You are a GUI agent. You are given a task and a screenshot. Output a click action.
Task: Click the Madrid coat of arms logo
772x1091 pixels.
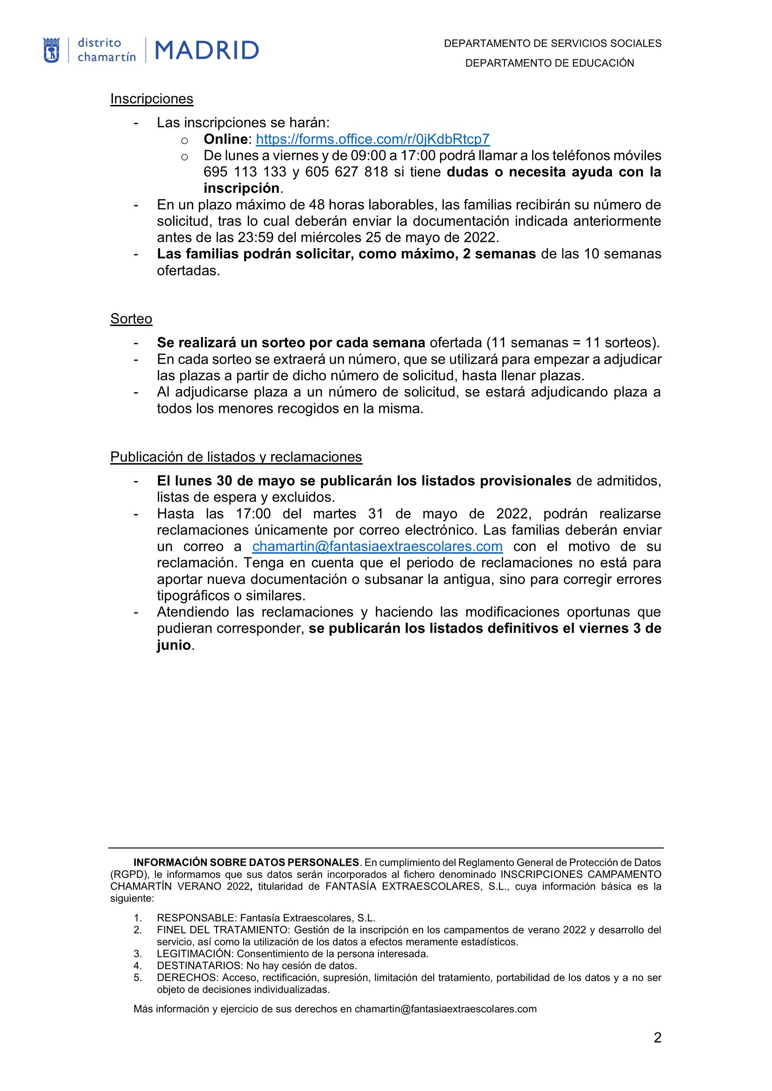pos(51,50)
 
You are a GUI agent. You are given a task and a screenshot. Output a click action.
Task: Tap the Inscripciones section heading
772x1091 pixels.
pos(152,99)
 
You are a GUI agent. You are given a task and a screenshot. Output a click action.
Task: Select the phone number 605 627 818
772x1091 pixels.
pos(346,172)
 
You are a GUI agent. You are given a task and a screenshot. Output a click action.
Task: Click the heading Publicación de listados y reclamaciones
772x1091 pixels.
pos(236,457)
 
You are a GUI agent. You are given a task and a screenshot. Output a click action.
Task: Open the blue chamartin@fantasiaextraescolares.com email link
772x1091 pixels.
pos(377,547)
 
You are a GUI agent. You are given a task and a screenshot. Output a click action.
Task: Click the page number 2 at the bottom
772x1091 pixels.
pos(658,1051)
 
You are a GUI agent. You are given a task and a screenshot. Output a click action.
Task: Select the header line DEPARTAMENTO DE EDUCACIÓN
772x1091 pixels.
pos(549,63)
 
